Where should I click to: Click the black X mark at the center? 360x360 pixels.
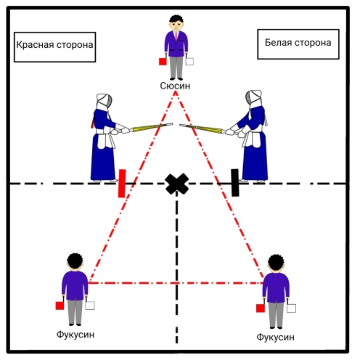click(177, 184)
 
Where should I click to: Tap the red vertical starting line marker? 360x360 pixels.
click(122, 184)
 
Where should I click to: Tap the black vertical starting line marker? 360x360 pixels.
click(235, 183)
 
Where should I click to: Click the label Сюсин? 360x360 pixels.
click(175, 86)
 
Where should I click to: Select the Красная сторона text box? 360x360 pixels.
click(55, 47)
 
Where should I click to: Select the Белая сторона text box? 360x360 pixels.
click(298, 44)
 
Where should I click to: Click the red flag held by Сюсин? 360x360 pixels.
click(163, 62)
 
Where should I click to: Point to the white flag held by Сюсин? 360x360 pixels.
click(189, 62)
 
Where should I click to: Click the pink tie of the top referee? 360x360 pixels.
click(176, 36)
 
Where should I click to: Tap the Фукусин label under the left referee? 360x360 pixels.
click(75, 335)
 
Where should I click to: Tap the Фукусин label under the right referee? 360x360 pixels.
click(275, 337)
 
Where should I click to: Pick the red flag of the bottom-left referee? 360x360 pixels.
click(60, 306)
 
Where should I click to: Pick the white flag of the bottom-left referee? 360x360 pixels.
click(90, 306)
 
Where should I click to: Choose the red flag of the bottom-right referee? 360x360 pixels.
click(261, 308)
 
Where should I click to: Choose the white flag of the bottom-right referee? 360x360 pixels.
click(291, 308)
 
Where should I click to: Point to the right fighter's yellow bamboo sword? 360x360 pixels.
click(201, 128)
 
